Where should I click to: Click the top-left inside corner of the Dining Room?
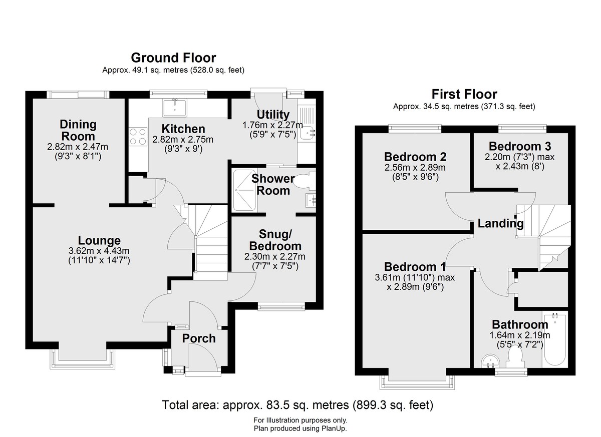tap(33, 99)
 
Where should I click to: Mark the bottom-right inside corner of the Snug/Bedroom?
tap(316, 302)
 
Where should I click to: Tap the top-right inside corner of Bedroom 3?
tap(568, 133)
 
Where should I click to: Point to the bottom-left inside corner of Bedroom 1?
tap(363, 367)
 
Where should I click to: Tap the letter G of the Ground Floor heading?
tap(136, 58)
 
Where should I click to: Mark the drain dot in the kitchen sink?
tap(175, 110)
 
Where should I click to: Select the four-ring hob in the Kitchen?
tap(138, 137)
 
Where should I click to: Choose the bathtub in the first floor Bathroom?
tap(554, 339)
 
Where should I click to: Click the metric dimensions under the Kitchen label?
tap(183, 140)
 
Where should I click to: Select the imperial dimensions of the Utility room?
tap(273, 134)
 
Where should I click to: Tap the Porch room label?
tap(199, 338)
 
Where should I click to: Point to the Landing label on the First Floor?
tap(501, 223)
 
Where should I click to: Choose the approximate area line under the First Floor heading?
tap(464, 107)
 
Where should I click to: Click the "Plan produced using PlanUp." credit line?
tap(300, 428)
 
